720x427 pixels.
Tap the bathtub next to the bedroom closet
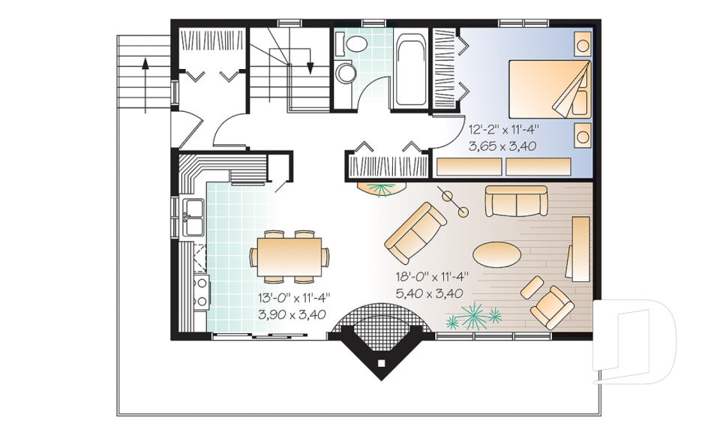409,68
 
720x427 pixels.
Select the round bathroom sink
345,73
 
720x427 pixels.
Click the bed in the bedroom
550,89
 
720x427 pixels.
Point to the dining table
289,257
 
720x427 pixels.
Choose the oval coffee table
496,254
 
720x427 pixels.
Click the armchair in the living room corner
552,307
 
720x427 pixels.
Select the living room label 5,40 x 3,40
429,293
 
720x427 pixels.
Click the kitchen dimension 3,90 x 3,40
292,314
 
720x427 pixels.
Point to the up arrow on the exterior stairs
145,85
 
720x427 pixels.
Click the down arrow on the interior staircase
310,60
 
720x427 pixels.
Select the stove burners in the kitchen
201,292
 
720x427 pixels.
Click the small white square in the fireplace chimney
381,363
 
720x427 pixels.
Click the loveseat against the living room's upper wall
517,201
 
